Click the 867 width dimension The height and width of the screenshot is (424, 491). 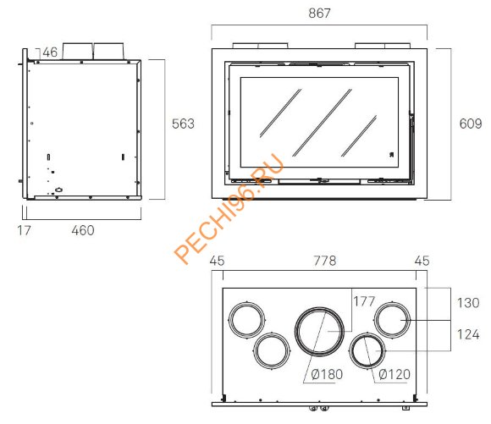tap(319, 14)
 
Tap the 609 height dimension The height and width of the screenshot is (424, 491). tap(471, 124)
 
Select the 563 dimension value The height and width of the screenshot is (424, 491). tap(183, 124)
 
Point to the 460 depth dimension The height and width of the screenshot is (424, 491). tap(83, 230)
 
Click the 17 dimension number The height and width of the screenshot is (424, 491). tap(24, 230)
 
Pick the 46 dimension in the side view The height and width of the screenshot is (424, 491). tap(50, 52)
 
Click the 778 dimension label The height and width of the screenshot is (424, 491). tap(325, 261)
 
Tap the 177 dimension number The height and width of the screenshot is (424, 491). tap(364, 301)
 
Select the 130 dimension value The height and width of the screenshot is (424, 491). tap(468, 303)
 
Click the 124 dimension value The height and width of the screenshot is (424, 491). tap(468, 334)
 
